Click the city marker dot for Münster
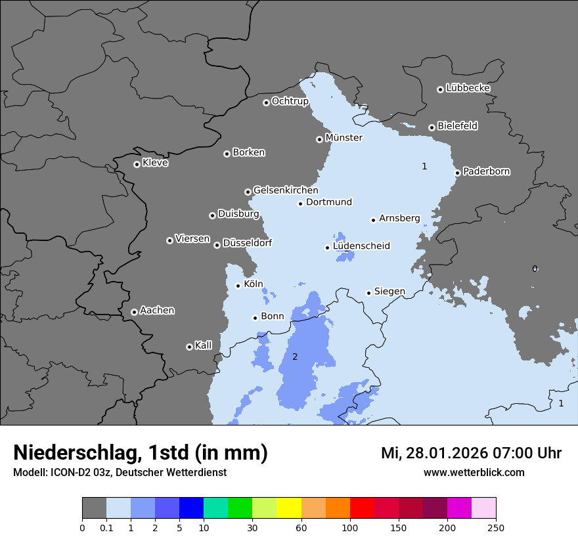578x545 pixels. pos(319,139)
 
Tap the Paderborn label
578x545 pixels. pos(486,171)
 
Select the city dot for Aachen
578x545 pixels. pos(134,312)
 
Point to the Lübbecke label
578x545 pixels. pos(468,88)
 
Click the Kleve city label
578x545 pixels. pos(155,163)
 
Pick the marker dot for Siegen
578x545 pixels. pos(368,293)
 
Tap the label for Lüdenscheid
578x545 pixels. pos(361,246)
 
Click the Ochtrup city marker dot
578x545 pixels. pos(266,102)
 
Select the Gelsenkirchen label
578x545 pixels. pos(286,190)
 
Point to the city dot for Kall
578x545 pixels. pos(189,347)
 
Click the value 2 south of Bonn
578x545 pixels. pos(295,357)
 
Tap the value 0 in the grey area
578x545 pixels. pos(535,269)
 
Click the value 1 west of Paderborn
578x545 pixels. pos(424,167)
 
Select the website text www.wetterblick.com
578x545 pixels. pos(474,472)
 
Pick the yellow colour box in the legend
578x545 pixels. pos(289,508)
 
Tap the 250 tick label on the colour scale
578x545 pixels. pos(496,527)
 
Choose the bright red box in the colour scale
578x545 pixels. pos(362,508)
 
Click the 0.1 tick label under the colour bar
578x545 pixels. pos(106,527)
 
